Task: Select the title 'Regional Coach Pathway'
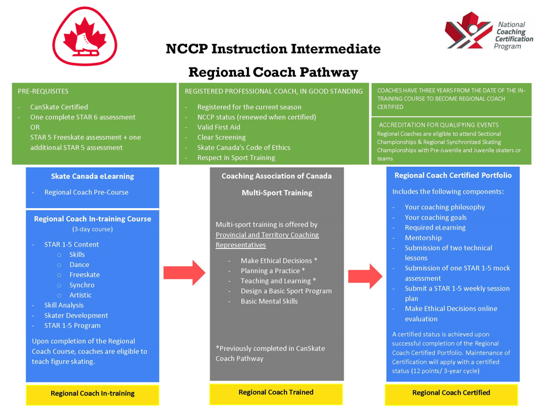(273, 72)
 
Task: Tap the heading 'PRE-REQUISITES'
(43, 91)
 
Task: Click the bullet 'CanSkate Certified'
(59, 107)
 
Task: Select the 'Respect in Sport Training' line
(236, 157)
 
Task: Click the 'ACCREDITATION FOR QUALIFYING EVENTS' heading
(439, 125)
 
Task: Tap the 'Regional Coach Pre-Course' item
(86, 192)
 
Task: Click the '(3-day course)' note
(93, 229)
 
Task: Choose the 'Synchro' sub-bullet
(82, 285)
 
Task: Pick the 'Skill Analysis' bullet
(64, 305)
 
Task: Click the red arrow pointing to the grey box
(184, 272)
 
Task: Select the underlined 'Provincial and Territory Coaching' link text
(267, 235)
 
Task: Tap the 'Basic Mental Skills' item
(269, 301)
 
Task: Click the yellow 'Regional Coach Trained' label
(276, 392)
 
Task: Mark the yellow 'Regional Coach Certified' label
(451, 393)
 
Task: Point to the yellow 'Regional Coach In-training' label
(93, 393)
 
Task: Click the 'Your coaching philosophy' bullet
(445, 207)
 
